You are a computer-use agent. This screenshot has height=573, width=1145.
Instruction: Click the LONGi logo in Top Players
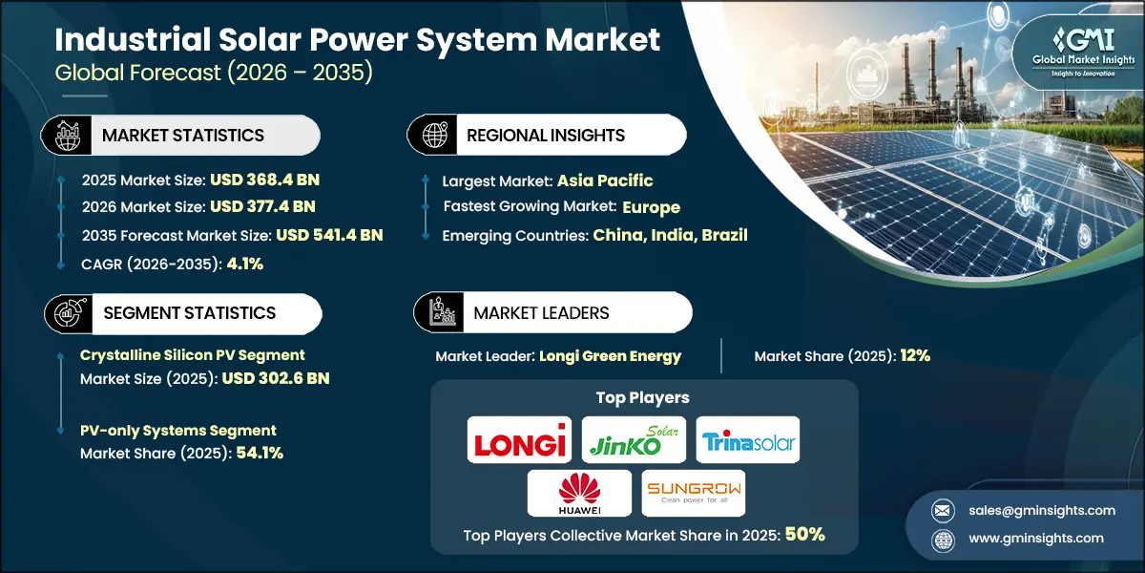click(519, 440)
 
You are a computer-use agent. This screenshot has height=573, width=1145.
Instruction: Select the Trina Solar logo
click(747, 440)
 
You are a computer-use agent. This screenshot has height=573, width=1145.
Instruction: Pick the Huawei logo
click(579, 493)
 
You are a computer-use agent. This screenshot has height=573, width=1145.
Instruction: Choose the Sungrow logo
click(693, 493)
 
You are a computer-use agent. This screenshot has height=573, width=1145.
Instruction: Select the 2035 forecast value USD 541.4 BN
click(329, 234)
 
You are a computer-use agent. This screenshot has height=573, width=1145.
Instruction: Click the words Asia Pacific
click(606, 180)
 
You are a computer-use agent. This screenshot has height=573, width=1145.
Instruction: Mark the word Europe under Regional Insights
click(651, 206)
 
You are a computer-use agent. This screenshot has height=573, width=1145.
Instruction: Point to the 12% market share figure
click(914, 356)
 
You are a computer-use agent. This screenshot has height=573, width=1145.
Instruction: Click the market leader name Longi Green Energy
click(610, 356)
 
